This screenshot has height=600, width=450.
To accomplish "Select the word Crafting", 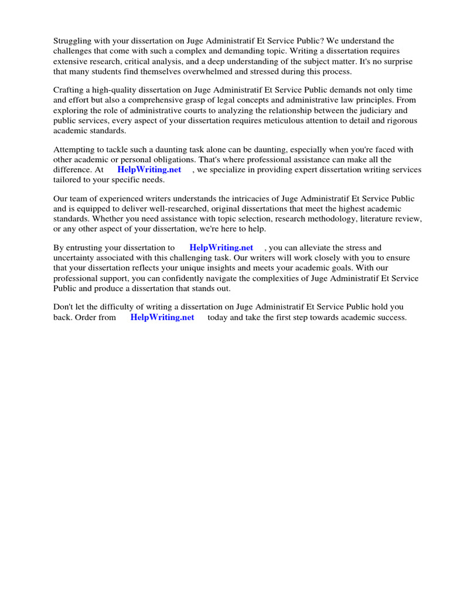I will (x=69, y=90).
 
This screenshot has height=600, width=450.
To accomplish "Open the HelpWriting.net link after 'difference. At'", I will (x=149, y=170).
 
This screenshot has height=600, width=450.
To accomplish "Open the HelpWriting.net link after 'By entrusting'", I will (x=221, y=248).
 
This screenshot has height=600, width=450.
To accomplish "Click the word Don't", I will (x=63, y=307).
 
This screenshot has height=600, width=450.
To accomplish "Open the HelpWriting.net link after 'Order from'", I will (x=162, y=318).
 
